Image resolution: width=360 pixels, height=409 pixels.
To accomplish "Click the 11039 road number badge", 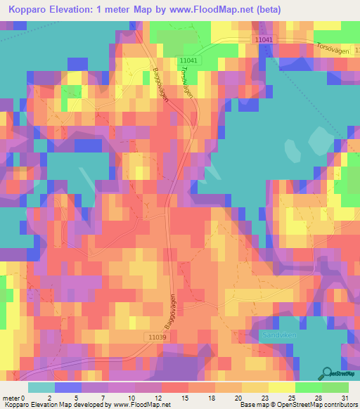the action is (x=157, y=337).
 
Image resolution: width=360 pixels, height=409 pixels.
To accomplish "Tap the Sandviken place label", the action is (x=274, y=335).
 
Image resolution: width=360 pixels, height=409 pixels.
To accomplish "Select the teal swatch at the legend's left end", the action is (x=41, y=387).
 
